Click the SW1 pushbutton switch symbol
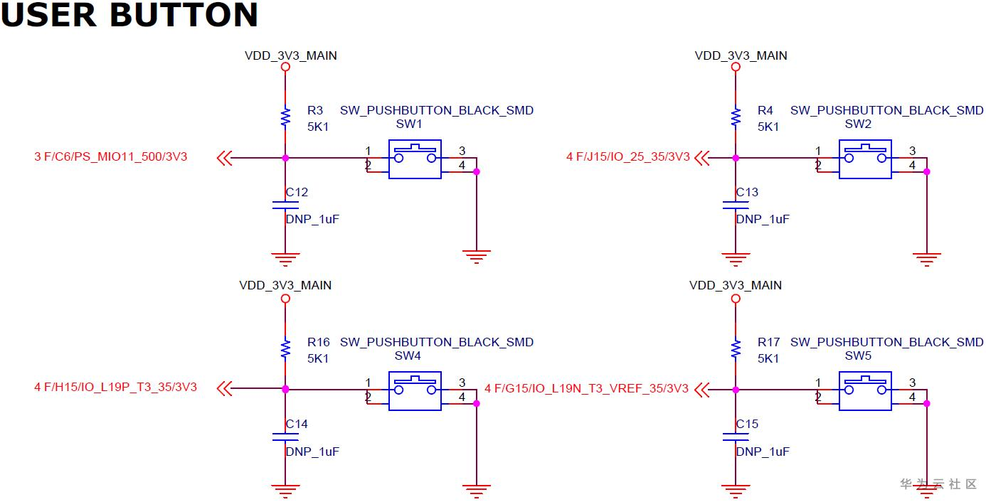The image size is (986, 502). pos(415,159)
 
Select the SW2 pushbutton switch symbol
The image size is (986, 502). pos(865,159)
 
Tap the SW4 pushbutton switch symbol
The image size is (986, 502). pos(415,391)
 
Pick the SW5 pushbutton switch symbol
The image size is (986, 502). pos(865,391)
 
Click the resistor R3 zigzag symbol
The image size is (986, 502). pos(285,117)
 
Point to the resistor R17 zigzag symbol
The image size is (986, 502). pos(736,349)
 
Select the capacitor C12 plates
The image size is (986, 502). pos(285,205)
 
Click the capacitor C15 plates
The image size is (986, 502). pos(736,437)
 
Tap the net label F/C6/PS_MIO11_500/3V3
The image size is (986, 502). pos(115,156)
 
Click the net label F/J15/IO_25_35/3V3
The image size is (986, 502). pos(633,156)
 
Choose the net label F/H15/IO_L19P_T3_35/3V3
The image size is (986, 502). pos(120,388)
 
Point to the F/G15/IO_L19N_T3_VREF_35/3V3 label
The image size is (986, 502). pos(591,388)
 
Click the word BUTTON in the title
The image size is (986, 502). pos(184,15)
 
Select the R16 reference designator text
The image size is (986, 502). pos(318,342)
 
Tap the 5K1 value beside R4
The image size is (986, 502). pos(768,127)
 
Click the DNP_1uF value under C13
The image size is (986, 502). pos(763,219)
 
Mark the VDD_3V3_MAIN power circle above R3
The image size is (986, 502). pos(285,67)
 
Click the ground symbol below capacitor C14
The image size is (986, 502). pos(285,491)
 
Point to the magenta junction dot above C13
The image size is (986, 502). pos(736,158)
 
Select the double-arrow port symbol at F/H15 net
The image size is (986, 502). pos(225,388)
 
